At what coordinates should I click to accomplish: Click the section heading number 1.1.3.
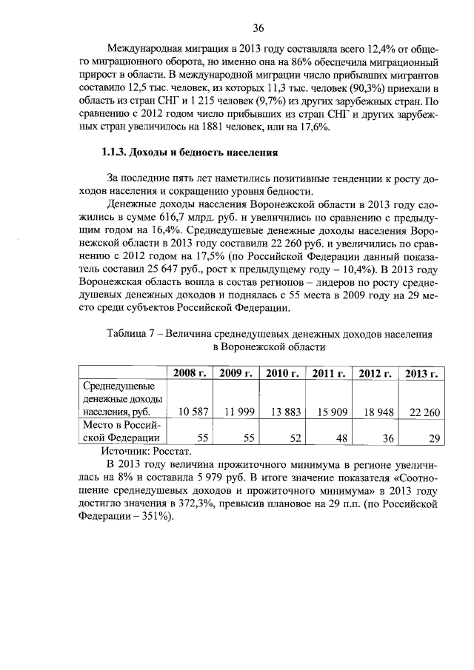tap(113, 154)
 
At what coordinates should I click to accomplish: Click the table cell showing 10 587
tap(190, 412)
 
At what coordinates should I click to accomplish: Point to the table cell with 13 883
tap(282, 412)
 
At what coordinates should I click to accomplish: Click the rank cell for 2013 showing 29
tap(433, 438)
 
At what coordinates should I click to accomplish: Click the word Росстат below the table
tap(173, 451)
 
